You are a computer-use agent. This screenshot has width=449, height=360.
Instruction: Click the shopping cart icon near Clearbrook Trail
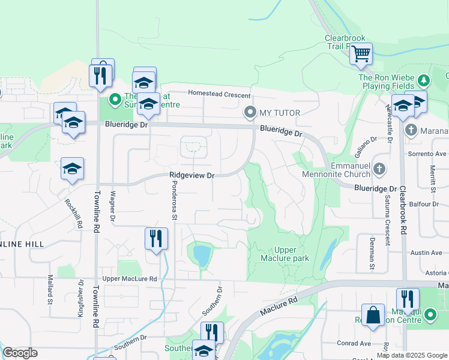click(x=361, y=54)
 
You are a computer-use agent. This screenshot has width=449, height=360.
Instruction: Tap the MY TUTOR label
click(x=279, y=113)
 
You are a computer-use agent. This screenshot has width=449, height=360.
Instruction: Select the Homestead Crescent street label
click(x=218, y=93)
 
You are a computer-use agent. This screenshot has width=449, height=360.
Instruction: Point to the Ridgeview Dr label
click(x=192, y=175)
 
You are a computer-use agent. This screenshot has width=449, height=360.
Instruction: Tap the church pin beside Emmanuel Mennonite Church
click(x=379, y=169)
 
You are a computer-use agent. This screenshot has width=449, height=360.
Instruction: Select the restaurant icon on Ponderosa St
click(x=155, y=239)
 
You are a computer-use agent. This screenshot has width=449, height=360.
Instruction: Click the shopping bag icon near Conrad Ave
click(x=373, y=316)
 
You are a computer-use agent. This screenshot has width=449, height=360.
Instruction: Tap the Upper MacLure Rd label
click(x=130, y=279)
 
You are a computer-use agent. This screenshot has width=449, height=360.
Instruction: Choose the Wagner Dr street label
click(x=112, y=208)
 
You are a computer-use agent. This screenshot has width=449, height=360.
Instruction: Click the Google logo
click(x=20, y=353)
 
